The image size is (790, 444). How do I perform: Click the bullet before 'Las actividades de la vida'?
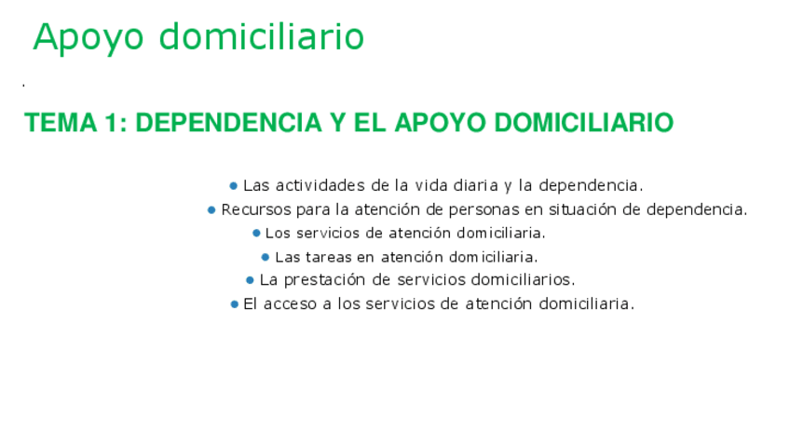[x=233, y=186]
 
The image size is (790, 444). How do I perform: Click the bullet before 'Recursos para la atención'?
[x=211, y=210]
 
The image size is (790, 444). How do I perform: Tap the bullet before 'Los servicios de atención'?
[x=256, y=234]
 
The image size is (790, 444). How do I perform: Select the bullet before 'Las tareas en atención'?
[x=266, y=258]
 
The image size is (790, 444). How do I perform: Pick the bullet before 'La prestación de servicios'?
[x=250, y=280]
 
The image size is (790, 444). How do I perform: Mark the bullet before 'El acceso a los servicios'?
[x=234, y=304]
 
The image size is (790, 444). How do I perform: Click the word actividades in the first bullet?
[x=320, y=186]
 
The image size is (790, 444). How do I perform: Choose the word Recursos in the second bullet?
[x=256, y=210]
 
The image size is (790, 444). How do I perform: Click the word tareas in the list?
[x=329, y=258]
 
